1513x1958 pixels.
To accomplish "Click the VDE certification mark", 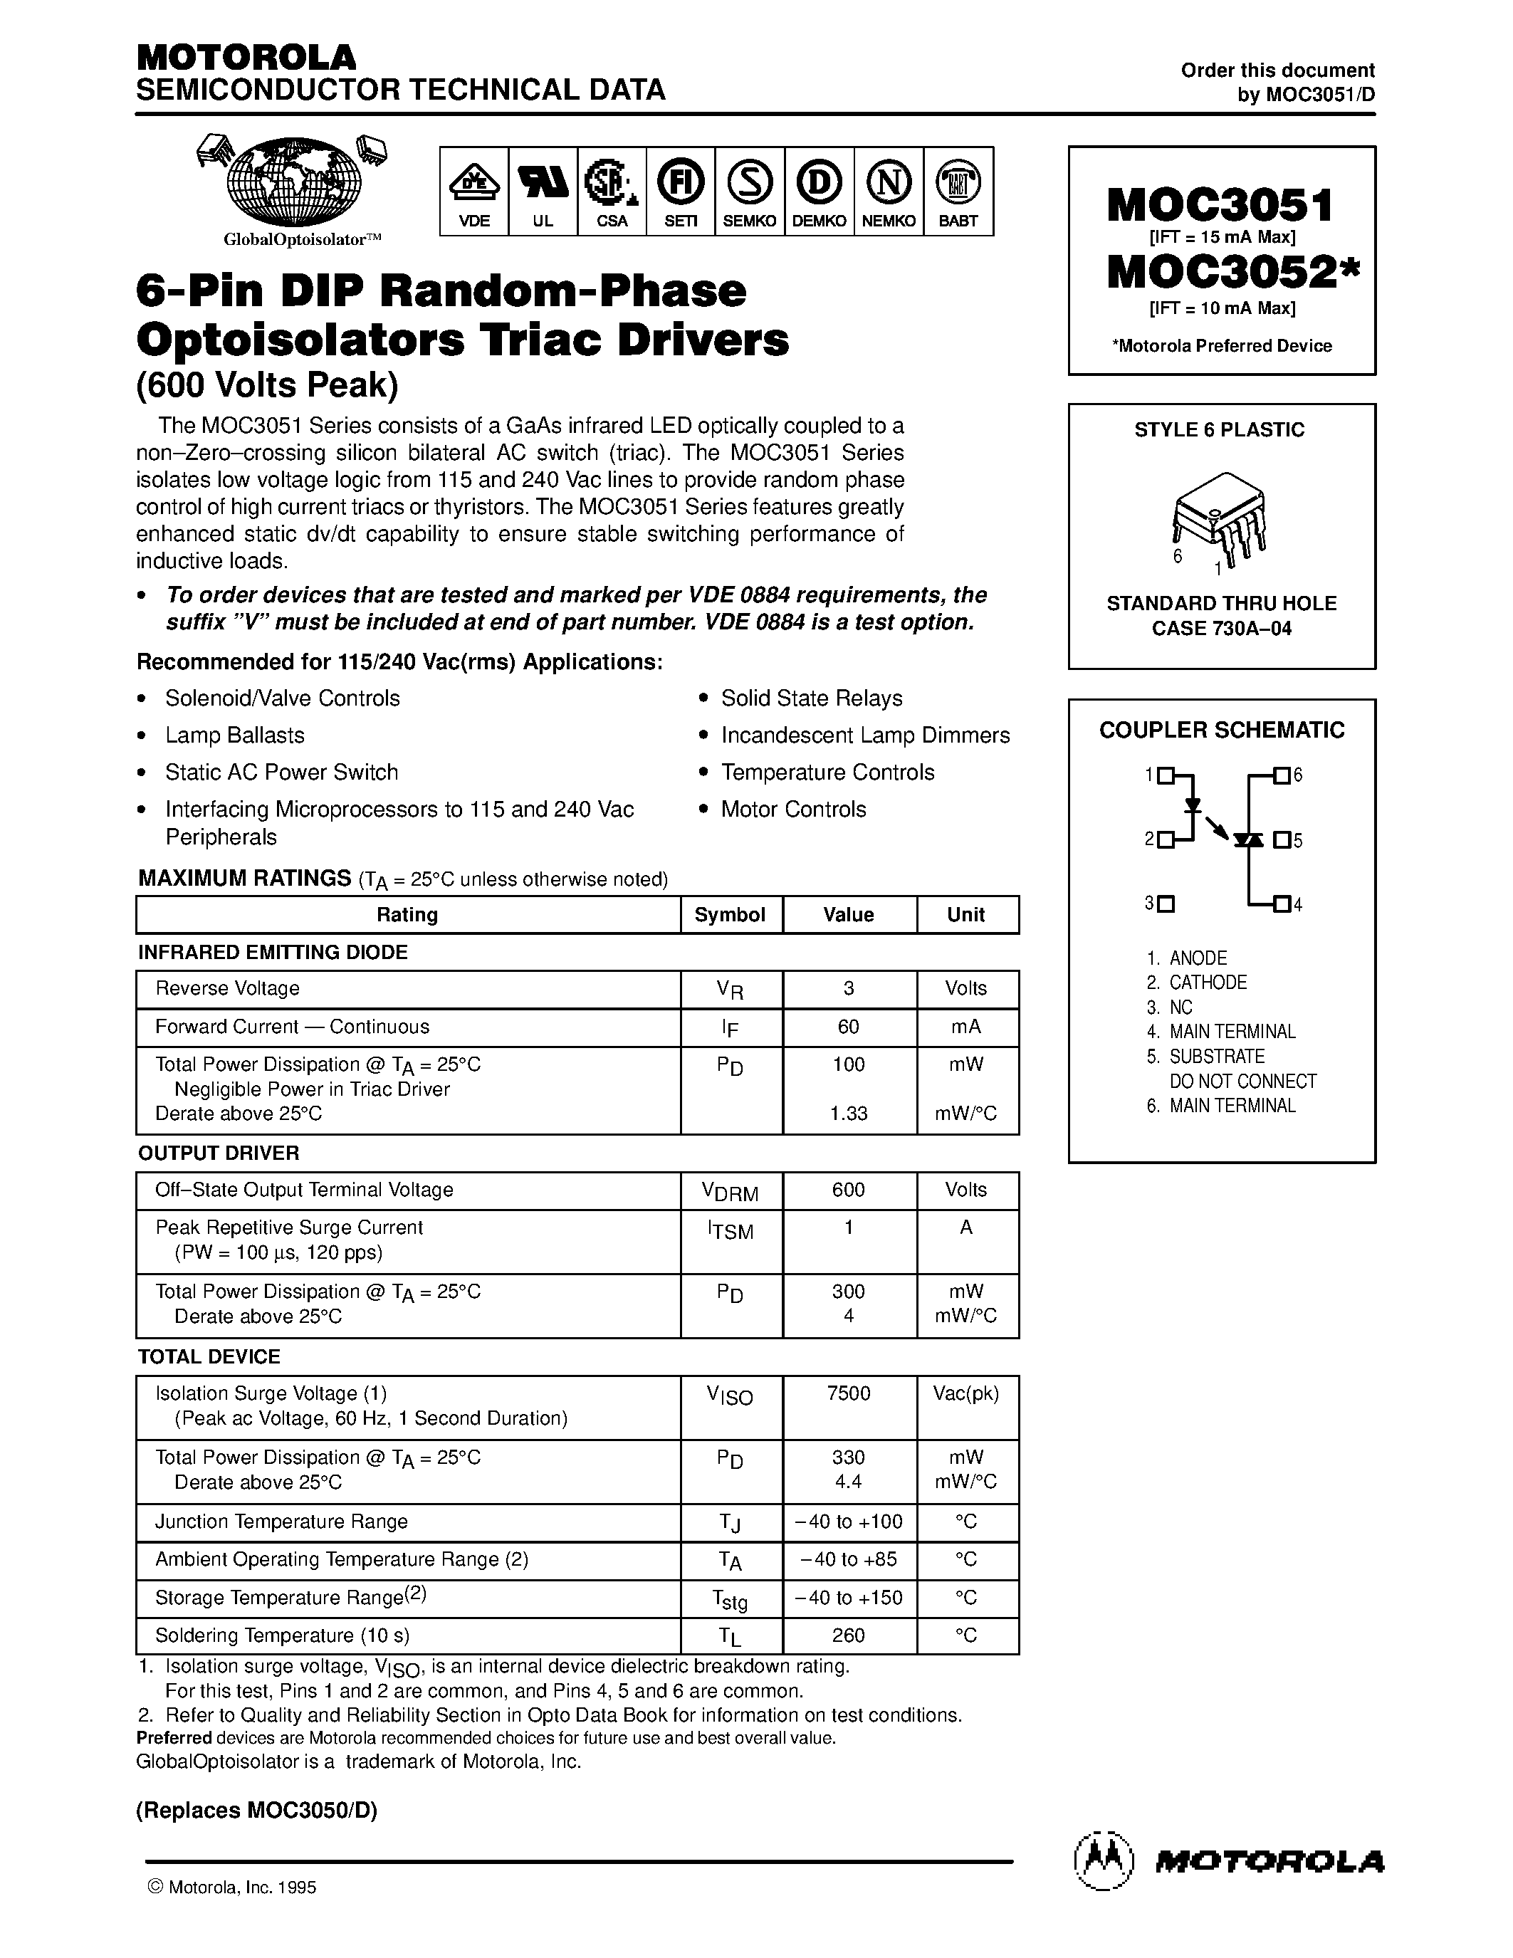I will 473,183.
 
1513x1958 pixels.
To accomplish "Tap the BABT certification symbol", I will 957,183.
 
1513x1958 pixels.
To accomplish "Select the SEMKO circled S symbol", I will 749,183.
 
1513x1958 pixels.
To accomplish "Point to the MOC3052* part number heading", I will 1232,273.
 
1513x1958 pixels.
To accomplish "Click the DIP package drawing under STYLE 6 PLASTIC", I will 1219,518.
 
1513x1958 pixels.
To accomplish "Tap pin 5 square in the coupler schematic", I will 1282,840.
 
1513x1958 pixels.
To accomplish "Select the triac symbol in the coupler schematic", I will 1247,840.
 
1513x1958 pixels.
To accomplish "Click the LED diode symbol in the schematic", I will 1192,805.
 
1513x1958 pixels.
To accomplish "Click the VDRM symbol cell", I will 730,1191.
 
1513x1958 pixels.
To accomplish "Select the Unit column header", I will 965,914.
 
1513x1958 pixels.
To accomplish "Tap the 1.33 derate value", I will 848,1114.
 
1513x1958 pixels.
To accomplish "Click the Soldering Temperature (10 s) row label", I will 283,1635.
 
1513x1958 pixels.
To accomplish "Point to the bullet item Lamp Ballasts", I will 234,735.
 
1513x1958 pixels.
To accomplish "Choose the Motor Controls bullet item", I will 793,809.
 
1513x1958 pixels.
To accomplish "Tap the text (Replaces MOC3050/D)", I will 256,1809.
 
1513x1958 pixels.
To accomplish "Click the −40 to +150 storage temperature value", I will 848,1598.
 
